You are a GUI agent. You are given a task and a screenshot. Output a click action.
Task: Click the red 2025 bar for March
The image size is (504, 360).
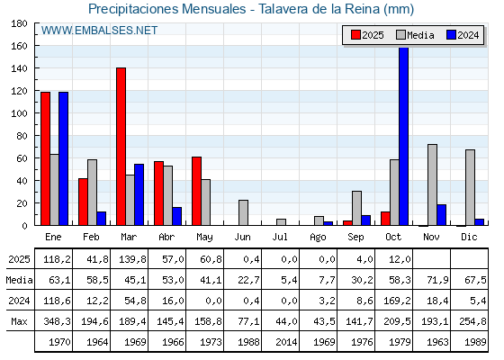[121, 147]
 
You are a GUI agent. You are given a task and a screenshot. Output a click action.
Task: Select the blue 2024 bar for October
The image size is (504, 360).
[403, 137]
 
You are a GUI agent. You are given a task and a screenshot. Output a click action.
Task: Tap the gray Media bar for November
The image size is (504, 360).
[432, 184]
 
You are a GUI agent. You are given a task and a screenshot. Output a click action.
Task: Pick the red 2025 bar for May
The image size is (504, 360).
[196, 191]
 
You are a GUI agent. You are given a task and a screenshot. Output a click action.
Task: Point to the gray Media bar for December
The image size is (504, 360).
[470, 187]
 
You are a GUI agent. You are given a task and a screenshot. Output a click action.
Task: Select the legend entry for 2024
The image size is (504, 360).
[463, 35]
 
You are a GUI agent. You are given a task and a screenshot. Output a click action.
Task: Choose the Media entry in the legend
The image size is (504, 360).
[415, 35]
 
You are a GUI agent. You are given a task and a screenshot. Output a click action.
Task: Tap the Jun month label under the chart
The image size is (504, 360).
[243, 236]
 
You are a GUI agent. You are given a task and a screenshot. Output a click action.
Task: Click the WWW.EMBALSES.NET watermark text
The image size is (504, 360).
[99, 31]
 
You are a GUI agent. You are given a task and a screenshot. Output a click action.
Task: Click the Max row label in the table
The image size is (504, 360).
[17, 321]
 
